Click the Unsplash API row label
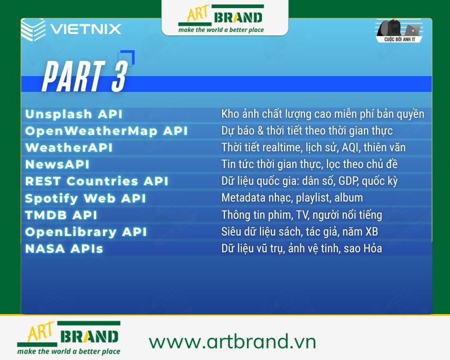(74, 114)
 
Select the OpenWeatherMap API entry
(106, 131)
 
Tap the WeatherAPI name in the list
(69, 147)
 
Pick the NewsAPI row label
(57, 164)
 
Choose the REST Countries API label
(97, 181)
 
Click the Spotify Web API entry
(86, 198)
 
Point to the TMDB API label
(61, 215)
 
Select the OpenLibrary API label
(86, 232)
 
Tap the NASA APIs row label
(64, 248)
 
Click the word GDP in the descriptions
(349, 181)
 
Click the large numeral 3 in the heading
(119, 77)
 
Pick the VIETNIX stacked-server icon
(33, 29)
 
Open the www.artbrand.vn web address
(233, 341)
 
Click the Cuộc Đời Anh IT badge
(399, 31)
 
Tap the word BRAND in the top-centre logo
(238, 18)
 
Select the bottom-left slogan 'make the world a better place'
(68, 351)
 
